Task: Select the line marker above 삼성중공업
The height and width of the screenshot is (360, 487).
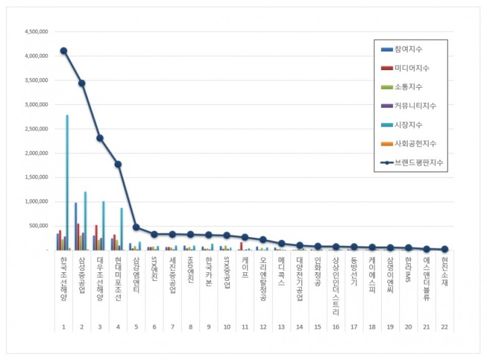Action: (82, 83)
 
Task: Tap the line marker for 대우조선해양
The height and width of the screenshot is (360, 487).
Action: (100, 138)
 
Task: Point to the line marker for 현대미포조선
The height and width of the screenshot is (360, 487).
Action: (118, 164)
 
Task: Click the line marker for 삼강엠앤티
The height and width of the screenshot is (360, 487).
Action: (136, 227)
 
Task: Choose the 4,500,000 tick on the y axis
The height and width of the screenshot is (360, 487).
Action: (35, 32)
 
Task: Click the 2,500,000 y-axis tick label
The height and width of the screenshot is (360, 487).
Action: (35, 129)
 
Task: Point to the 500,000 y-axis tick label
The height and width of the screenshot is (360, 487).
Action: (38, 226)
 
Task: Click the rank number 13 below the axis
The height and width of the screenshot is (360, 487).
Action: (281, 327)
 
